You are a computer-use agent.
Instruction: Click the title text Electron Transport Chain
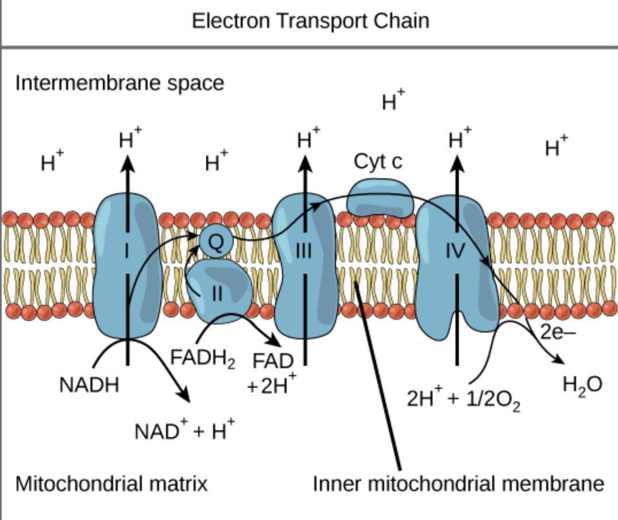[x=310, y=21]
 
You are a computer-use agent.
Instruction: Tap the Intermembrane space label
[x=119, y=83]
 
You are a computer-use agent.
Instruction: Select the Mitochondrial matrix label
[x=111, y=483]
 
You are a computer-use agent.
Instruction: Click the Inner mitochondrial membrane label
[x=458, y=483]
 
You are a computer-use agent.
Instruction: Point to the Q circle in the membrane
[x=215, y=242]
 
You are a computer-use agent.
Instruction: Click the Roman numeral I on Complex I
[x=128, y=251]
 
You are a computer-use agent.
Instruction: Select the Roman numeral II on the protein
[x=217, y=293]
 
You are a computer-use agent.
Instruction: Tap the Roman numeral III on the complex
[x=304, y=251]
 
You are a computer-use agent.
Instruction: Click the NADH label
[x=89, y=385]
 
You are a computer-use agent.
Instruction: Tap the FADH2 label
[x=203, y=358]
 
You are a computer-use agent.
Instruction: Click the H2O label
[x=582, y=385]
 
